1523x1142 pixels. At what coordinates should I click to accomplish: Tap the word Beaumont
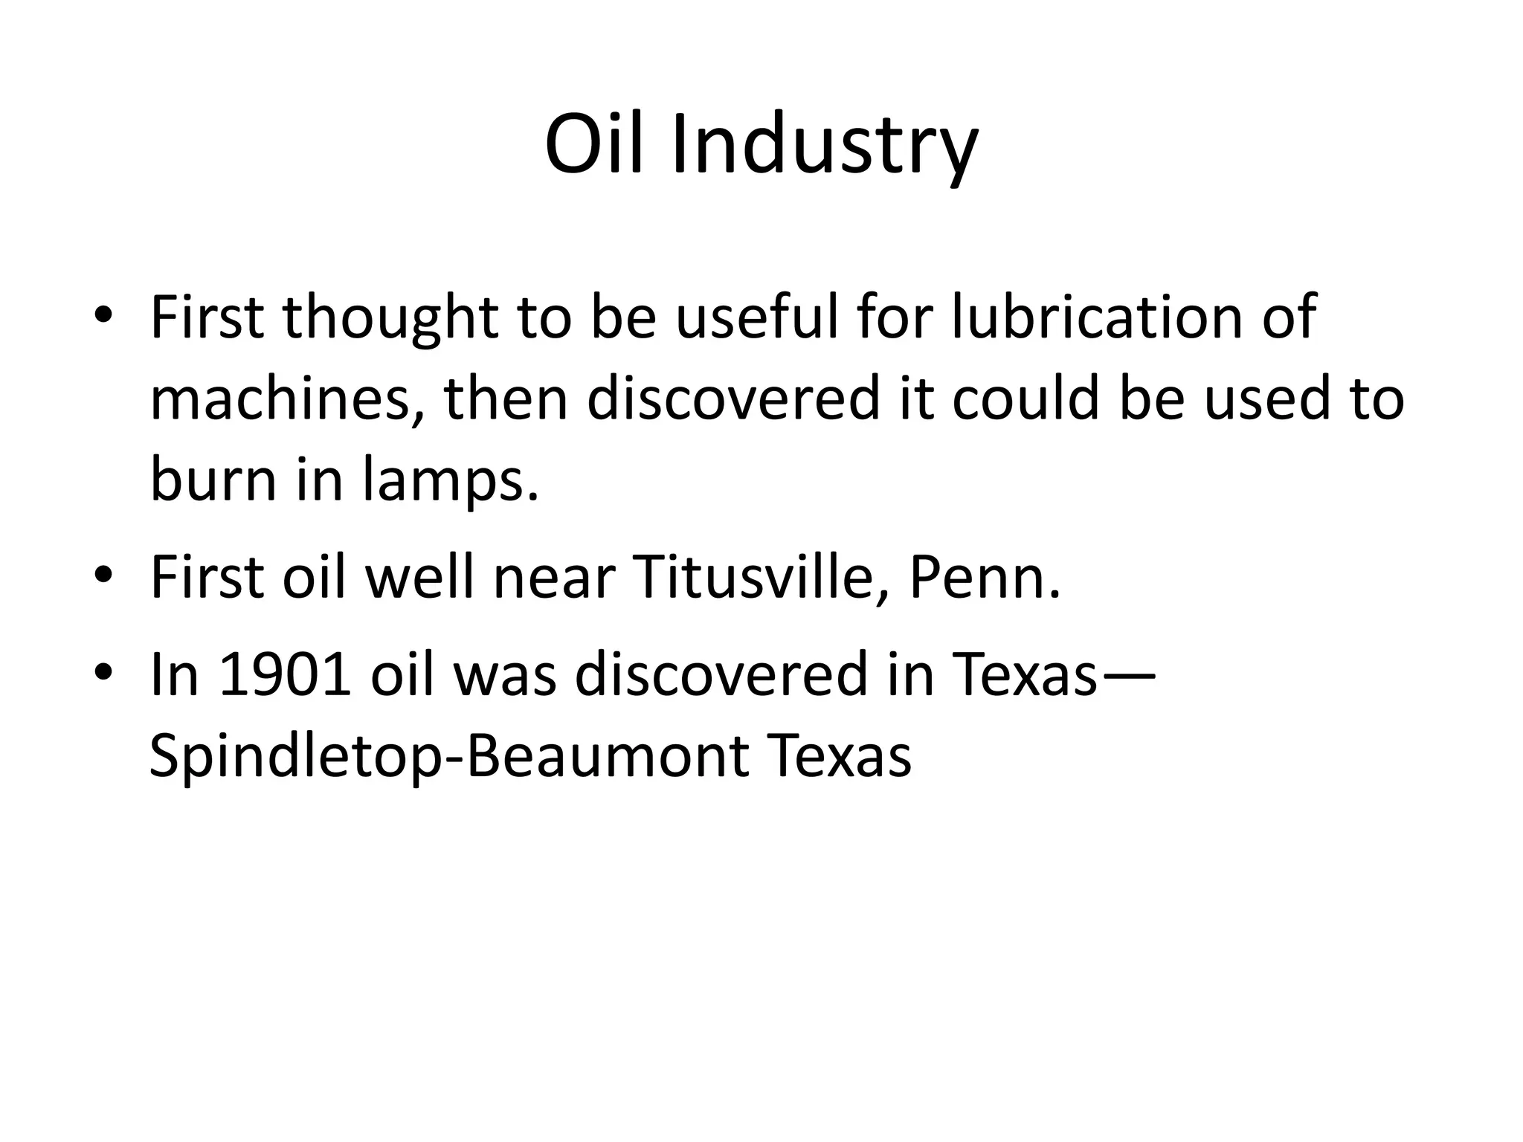[x=607, y=756]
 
